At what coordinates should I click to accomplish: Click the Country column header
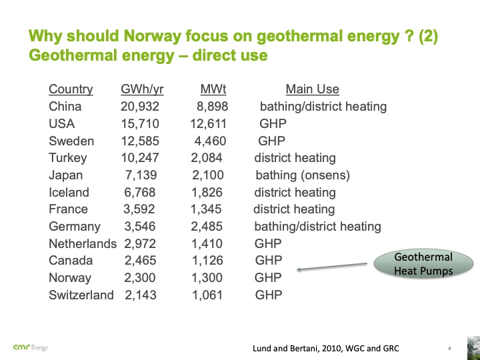pyautogui.click(x=71, y=89)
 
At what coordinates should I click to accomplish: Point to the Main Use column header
pyautogui.click(x=312, y=89)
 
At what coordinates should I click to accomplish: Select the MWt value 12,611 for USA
pyautogui.click(x=208, y=124)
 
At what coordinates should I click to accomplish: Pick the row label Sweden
pyautogui.click(x=71, y=141)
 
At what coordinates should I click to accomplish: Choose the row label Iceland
pyautogui.click(x=69, y=193)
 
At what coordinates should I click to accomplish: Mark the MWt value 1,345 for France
pyautogui.click(x=206, y=209)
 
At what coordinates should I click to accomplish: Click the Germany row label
pyautogui.click(x=75, y=227)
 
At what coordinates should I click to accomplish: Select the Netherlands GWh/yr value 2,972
pyautogui.click(x=140, y=244)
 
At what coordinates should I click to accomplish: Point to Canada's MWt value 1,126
pyautogui.click(x=207, y=261)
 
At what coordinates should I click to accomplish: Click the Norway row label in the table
pyautogui.click(x=70, y=278)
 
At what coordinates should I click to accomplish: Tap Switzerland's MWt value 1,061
pyautogui.click(x=207, y=295)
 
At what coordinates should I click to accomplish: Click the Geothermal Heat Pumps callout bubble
pyautogui.click(x=423, y=264)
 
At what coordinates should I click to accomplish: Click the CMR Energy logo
pyautogui.click(x=30, y=347)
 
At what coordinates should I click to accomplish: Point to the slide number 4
pyautogui.click(x=449, y=348)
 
